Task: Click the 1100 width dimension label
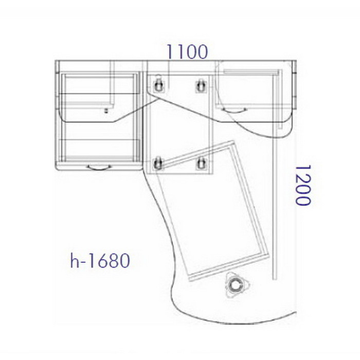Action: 187,51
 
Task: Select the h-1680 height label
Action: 100,260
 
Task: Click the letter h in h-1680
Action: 74,260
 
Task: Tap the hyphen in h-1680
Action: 83,262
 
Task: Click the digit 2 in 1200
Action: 303,179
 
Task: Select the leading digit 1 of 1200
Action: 303,169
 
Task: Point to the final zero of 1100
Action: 202,52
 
